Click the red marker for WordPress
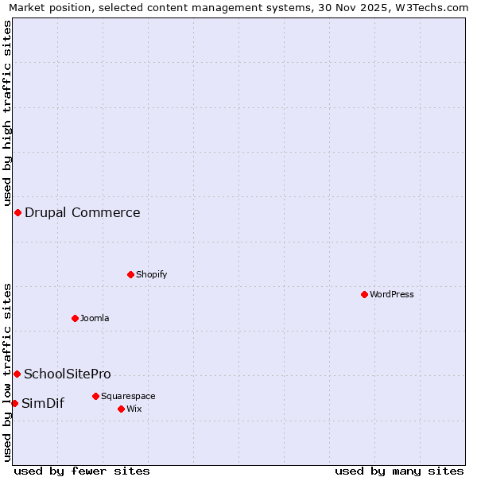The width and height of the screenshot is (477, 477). pos(364,294)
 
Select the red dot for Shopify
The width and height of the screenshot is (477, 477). pos(130,274)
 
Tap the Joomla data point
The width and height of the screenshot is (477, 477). pos(75,318)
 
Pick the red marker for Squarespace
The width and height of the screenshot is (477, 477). pos(95,396)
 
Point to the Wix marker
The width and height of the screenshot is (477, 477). pos(121,409)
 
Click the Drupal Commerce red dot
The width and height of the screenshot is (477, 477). pos(17,212)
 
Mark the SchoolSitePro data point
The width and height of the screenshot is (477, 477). pos(17,374)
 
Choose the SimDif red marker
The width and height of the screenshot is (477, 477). pos(14,403)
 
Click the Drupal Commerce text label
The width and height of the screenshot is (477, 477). pos(82,212)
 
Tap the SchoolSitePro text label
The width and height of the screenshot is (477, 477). pos(68,374)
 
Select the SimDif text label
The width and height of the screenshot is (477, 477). pos(43,403)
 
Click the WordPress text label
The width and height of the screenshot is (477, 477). pos(392,294)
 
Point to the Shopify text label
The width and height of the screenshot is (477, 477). pos(151,274)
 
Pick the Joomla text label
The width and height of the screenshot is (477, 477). pos(95,318)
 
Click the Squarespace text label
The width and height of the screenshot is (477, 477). pos(128,396)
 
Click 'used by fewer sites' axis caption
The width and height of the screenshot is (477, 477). pos(82,471)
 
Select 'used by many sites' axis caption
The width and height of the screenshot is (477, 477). pos(399,471)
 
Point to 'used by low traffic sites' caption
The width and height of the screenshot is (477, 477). pos(7,371)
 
